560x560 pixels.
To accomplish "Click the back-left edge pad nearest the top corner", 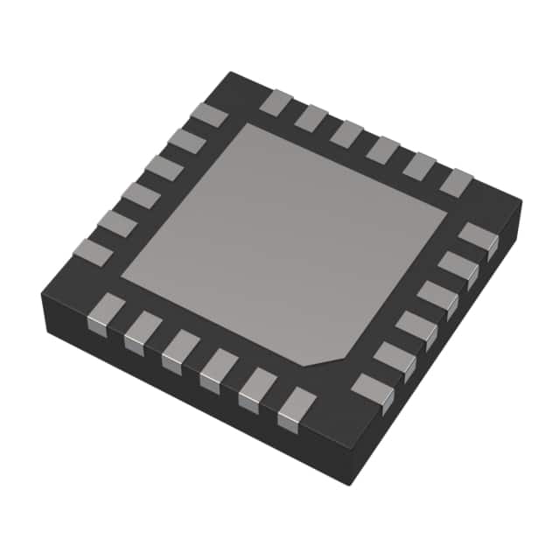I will click(210, 115).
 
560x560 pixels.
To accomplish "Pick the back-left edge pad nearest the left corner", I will click(92, 253).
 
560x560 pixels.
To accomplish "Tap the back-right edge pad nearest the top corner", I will click(276, 102).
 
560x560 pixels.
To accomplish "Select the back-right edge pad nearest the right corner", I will click(456, 182).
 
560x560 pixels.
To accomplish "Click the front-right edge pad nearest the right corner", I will click(478, 238).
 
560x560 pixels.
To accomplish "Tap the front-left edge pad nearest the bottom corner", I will click(297, 408).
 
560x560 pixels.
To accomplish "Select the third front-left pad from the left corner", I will click(180, 349).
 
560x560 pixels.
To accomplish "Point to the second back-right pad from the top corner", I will click(311, 118).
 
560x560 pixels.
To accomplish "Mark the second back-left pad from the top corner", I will click(187, 141).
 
